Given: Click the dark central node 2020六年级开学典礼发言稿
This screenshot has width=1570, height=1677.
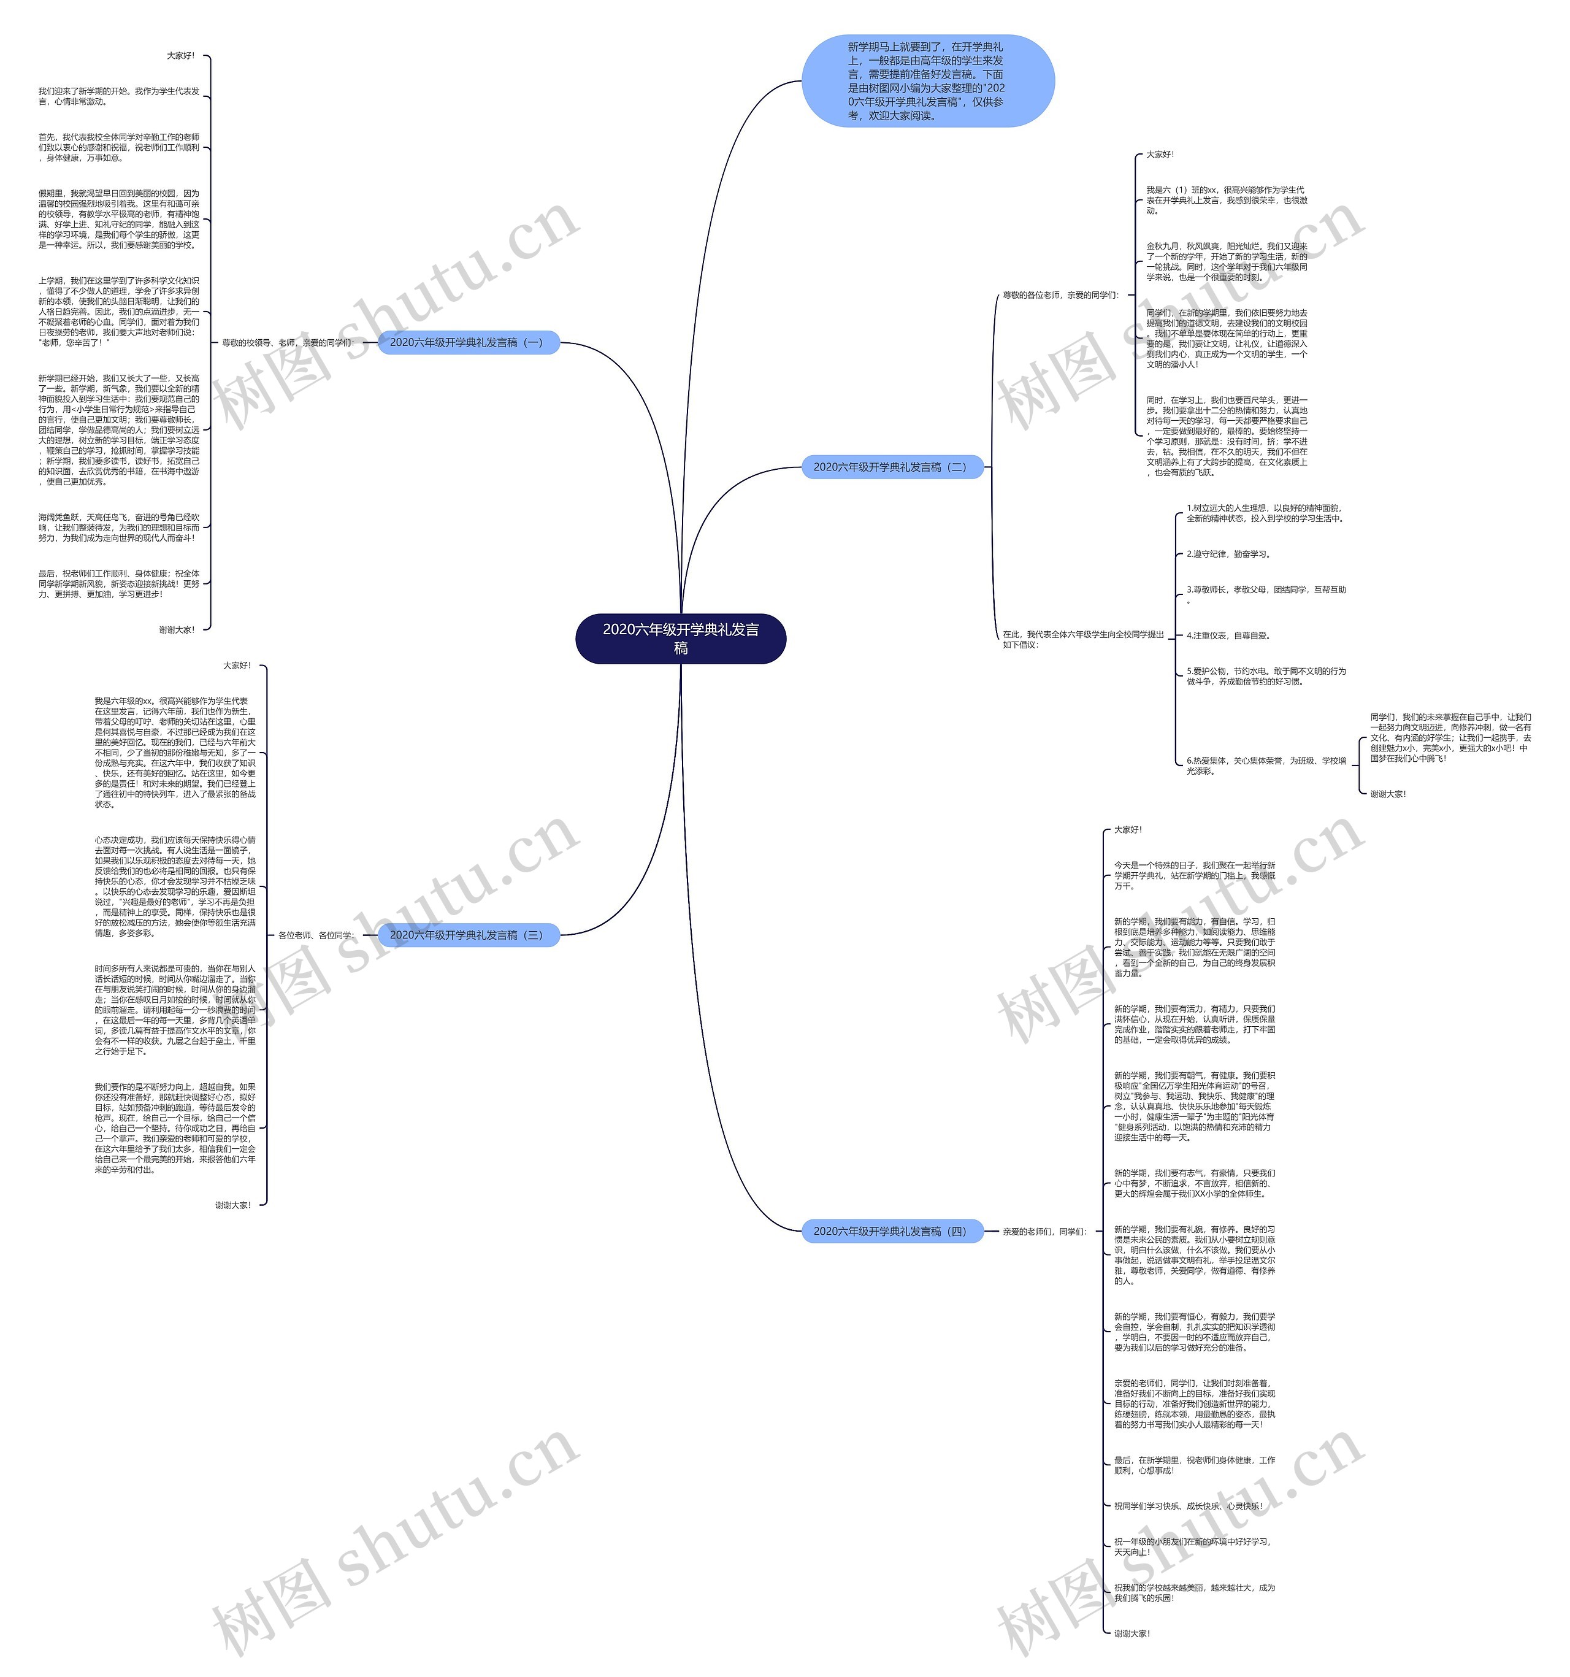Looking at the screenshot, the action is (680, 639).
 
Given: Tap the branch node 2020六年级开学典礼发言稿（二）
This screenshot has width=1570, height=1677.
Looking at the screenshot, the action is (891, 467).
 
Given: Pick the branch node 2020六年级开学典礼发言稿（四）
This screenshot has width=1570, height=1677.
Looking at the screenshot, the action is (891, 1232).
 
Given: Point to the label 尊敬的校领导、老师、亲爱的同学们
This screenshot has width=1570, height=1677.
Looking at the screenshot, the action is (288, 342).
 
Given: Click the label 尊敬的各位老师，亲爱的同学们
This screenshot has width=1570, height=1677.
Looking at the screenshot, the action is (1060, 295).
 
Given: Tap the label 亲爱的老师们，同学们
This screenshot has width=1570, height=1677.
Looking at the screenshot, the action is (1044, 1232).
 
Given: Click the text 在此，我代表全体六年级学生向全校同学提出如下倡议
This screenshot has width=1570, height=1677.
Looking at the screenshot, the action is (1082, 639).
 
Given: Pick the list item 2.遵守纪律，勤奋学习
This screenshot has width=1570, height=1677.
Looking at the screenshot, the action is (1228, 555).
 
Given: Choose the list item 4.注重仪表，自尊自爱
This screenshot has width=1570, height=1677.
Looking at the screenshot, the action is (1228, 635).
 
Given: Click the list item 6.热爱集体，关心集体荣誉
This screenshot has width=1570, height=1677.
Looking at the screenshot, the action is (1265, 765).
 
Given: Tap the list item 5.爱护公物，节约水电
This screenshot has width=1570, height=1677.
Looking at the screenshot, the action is (1265, 676).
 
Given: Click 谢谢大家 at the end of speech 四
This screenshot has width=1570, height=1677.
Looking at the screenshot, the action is (1132, 1633).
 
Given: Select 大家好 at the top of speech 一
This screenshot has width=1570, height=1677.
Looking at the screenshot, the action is (180, 56).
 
